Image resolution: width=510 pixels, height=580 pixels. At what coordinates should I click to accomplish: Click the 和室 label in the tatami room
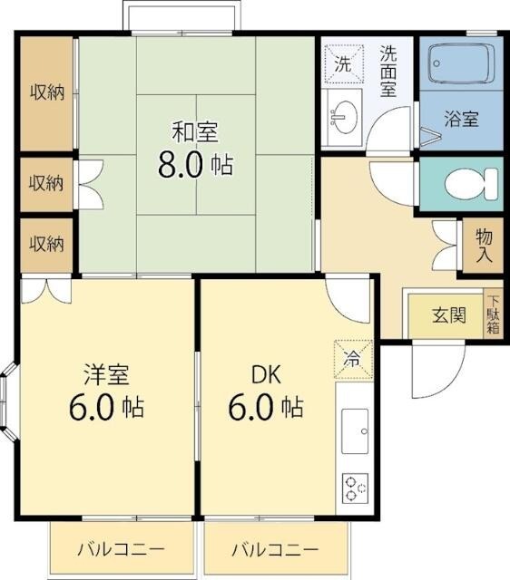[195, 132]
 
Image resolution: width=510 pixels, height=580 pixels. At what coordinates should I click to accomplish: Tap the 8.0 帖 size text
[196, 165]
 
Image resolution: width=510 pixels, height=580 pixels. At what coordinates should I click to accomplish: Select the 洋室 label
[107, 374]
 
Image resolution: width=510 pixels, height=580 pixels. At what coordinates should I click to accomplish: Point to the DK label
[266, 374]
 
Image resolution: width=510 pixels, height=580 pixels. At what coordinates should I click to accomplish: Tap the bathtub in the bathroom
[462, 63]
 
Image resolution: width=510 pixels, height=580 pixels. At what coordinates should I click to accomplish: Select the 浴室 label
[462, 119]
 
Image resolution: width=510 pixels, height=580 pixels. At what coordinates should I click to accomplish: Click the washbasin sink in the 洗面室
[344, 117]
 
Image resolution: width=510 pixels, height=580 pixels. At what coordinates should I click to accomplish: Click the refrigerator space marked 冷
[353, 359]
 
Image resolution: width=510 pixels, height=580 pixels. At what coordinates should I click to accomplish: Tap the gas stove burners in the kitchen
[355, 488]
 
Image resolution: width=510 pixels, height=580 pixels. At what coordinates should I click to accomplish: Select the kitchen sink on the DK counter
[355, 431]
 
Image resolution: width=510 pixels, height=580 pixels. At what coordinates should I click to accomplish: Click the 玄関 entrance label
[449, 315]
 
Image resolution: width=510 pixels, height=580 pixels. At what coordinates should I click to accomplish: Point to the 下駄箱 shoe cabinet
[493, 314]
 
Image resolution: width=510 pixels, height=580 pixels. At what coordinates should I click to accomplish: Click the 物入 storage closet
[483, 246]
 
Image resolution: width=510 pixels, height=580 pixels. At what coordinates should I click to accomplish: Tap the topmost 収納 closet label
[47, 92]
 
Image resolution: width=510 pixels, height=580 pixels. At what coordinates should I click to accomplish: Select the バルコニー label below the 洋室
[121, 549]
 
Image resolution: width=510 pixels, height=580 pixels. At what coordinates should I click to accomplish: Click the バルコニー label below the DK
[275, 550]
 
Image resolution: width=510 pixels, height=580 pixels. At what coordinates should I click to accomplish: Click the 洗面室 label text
[388, 71]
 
